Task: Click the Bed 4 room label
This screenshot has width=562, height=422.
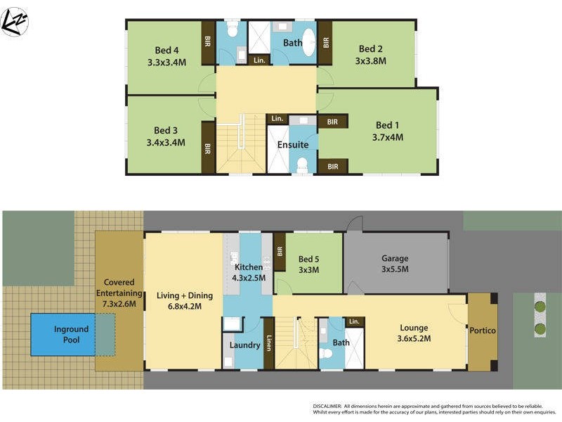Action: (166, 50)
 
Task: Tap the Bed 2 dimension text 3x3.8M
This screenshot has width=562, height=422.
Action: (371, 61)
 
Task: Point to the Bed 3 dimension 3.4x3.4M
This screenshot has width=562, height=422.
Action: (166, 142)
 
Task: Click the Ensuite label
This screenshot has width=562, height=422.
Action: (293, 145)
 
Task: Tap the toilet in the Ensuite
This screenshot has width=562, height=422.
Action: (303, 165)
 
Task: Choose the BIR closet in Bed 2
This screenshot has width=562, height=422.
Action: (325, 42)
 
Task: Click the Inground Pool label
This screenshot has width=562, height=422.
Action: (72, 334)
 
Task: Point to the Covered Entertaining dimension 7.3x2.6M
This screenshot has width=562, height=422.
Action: (119, 305)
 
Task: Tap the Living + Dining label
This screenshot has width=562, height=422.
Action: (183, 295)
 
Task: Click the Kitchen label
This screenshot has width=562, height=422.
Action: (249, 267)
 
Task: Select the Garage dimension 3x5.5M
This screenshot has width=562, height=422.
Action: (395, 269)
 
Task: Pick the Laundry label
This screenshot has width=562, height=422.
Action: (245, 345)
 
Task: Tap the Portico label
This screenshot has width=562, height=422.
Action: (483, 331)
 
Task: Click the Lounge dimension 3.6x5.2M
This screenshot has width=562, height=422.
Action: (414, 338)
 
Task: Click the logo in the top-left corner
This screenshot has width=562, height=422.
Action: (15, 22)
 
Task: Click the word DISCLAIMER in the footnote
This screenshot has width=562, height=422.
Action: (327, 407)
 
